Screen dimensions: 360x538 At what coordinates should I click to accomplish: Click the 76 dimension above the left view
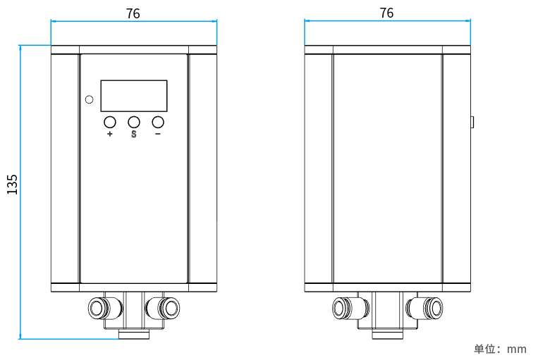133,13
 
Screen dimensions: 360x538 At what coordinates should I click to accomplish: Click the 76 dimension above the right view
386,13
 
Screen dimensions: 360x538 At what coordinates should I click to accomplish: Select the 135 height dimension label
12,184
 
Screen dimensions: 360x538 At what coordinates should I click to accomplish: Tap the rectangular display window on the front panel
134,96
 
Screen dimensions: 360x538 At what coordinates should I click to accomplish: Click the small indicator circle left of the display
89,99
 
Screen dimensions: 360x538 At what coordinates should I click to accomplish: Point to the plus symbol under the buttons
110,134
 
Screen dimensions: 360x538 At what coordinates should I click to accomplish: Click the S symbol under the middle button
134,134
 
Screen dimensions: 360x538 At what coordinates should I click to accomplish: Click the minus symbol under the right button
158,134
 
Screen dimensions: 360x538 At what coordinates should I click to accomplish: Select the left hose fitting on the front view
99,307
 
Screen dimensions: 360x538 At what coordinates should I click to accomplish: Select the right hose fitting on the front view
167,307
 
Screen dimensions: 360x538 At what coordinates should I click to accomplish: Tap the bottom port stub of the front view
133,334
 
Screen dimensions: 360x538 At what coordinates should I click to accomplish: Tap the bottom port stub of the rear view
387,334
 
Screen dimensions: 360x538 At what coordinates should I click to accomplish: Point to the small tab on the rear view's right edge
472,121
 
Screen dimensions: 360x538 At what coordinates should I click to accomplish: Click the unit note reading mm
500,349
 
